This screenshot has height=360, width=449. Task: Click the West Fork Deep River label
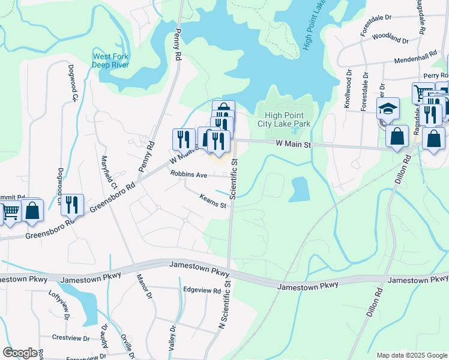coord(110,61)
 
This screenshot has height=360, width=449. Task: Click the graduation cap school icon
coord(388,109)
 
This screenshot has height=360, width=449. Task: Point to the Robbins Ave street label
coord(188,175)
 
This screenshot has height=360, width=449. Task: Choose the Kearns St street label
coord(213,201)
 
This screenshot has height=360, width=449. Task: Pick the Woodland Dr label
coord(390,38)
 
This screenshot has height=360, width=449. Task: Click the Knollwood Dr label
coord(348,88)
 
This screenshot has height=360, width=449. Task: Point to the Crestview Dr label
coord(70,338)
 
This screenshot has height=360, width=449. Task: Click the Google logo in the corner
coord(20,352)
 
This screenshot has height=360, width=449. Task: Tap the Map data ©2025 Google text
coord(411,355)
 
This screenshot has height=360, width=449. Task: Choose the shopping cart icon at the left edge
coord(10,211)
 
